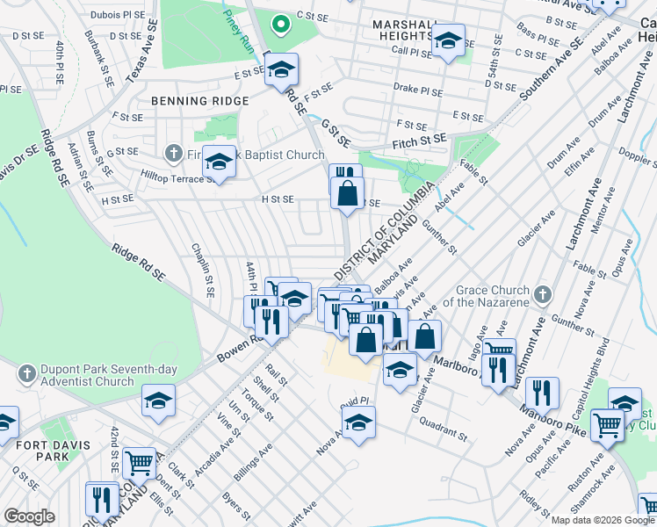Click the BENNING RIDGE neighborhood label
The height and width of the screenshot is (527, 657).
click(199, 101)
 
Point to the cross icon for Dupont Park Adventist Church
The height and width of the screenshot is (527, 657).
click(26, 372)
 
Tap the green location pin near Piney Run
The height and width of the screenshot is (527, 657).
click(280, 24)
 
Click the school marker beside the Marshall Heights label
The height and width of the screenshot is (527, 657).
click(449, 40)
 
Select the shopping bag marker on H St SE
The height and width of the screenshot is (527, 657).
click(348, 191)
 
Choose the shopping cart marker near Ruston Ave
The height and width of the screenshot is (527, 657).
click(607, 426)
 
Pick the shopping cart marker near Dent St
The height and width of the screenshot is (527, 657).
click(139, 461)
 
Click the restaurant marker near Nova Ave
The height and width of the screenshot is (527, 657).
click(544, 393)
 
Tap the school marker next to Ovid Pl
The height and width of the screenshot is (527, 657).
click(357, 421)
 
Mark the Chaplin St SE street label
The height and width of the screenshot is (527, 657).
click(204, 269)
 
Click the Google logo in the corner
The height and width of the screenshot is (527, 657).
click(29, 516)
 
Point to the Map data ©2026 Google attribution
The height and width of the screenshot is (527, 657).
click(602, 520)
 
